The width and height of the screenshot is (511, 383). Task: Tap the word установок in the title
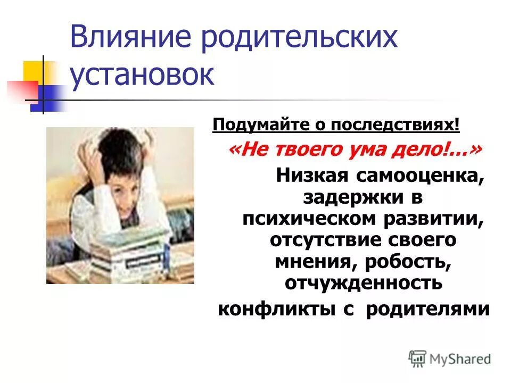(142, 76)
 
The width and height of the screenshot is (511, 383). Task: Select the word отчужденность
(364, 282)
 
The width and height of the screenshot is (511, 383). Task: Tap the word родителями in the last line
(427, 309)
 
